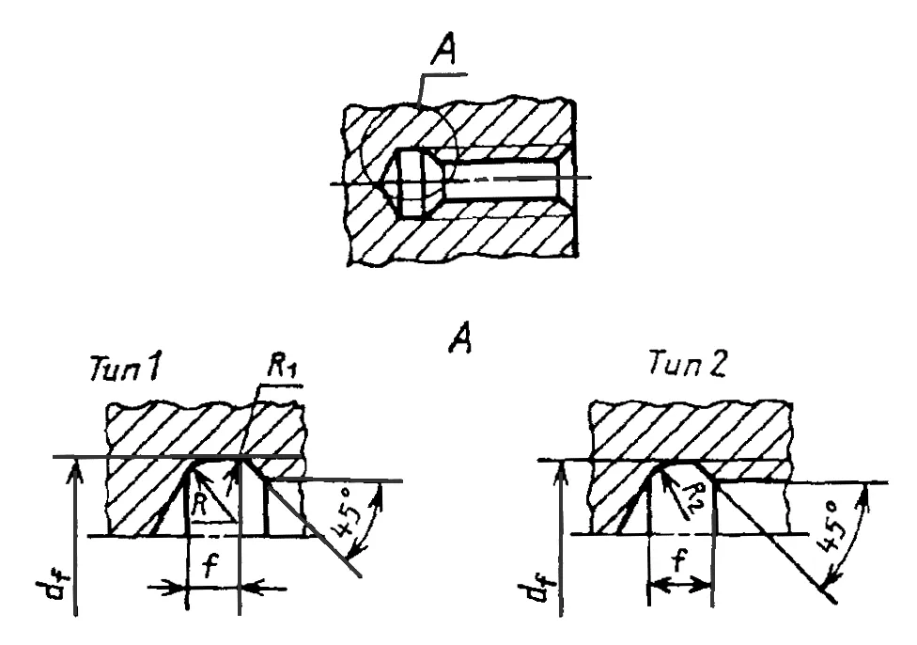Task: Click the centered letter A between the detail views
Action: (460, 338)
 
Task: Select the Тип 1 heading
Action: (124, 369)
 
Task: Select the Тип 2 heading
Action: (688, 364)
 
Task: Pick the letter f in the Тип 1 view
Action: (210, 566)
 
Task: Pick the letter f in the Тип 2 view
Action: (677, 560)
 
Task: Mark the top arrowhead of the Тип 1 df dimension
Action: (76, 472)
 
